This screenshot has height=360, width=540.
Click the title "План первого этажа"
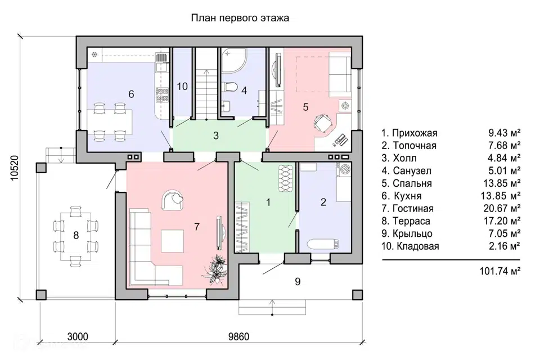(240, 18)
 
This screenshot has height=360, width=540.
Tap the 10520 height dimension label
(15, 168)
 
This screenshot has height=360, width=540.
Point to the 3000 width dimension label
(78, 336)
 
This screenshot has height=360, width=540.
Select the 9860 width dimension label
(238, 336)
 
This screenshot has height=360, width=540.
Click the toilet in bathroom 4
(229, 86)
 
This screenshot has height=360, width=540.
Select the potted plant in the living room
(215, 269)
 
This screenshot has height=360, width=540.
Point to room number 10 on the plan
(182, 87)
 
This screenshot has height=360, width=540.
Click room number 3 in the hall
(216, 136)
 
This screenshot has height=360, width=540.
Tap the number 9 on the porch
(298, 282)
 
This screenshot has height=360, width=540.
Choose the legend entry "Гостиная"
(413, 209)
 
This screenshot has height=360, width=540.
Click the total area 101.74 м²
(500, 271)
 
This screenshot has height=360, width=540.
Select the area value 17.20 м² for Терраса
(502, 221)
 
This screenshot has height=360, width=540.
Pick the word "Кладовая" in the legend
(418, 246)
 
